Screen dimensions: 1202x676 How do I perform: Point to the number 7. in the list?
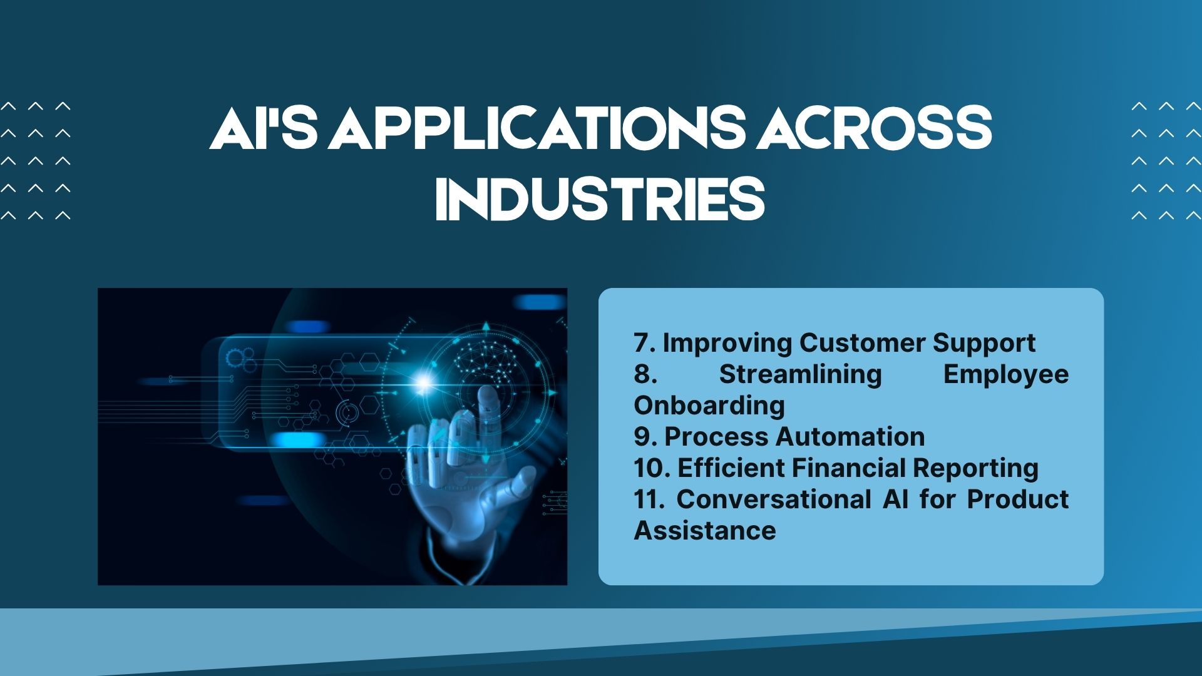point(644,343)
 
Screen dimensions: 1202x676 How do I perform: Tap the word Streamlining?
point(800,375)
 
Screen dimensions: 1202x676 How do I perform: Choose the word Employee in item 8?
point(1006,375)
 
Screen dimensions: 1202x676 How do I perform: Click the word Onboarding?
point(709,406)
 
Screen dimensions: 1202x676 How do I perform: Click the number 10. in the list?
point(652,468)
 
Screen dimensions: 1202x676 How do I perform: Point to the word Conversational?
point(774,499)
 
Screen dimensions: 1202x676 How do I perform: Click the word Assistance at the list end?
point(705,531)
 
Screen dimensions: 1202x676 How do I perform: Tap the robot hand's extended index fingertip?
point(486,394)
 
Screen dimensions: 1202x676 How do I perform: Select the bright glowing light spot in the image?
point(424,381)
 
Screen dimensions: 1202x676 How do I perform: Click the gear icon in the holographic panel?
point(237,359)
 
